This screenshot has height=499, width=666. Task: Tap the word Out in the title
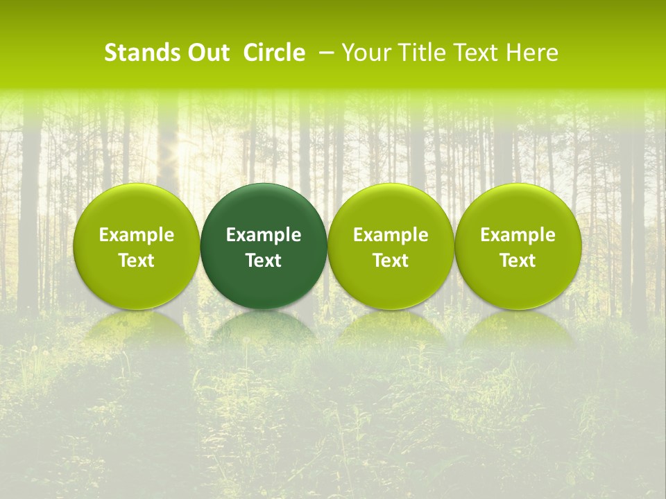[x=207, y=53]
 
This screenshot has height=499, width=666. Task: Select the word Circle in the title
[x=274, y=53]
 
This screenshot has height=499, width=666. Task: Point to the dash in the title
[x=323, y=53]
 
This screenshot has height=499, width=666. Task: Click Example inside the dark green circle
[x=264, y=235]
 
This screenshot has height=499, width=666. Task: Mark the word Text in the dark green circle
[x=264, y=261]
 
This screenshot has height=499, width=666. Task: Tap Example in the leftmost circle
[x=137, y=235]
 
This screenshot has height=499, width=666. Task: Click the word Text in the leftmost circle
[x=137, y=261]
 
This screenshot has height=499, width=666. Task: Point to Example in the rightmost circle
[x=518, y=235]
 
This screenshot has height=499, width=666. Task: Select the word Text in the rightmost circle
[x=518, y=261]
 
